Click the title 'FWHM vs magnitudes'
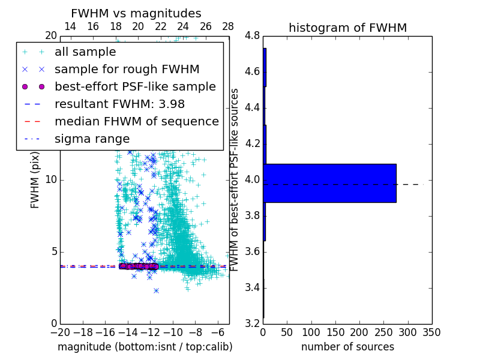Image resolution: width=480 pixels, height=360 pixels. [136, 13]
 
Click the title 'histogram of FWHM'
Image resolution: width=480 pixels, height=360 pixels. [347, 28]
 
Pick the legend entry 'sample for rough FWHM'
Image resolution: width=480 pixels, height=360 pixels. [127, 69]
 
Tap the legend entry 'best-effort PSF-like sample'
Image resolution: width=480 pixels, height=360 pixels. [135, 86]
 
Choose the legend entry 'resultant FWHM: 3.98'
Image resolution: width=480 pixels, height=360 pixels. [119, 104]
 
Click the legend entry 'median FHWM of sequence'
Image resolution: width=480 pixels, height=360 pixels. [136, 121]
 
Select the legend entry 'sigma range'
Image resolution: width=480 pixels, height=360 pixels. [92, 139]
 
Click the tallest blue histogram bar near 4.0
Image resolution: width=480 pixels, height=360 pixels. [329, 183]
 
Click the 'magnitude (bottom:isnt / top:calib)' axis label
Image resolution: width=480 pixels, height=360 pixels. [145, 347]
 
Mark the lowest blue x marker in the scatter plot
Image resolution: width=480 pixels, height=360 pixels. [156, 290]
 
